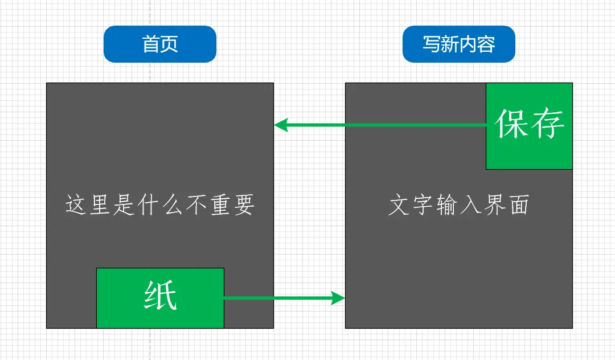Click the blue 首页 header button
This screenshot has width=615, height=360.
(160, 44)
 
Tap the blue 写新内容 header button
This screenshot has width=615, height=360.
(458, 44)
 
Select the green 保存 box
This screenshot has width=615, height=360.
(529, 126)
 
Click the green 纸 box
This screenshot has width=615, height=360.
(160, 298)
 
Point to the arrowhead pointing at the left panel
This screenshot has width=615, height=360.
(281, 125)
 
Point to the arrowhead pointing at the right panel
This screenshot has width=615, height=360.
(339, 297)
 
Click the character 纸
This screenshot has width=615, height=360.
(161, 296)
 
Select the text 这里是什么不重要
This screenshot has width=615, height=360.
(160, 205)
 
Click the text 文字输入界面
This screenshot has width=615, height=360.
(458, 205)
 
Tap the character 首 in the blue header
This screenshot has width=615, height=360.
(150, 44)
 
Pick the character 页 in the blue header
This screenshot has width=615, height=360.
(169, 44)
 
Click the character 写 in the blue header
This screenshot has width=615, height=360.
(431, 44)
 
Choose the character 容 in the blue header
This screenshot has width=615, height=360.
(486, 44)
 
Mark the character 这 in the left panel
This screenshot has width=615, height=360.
(76, 205)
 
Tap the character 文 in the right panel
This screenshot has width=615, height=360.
(399, 205)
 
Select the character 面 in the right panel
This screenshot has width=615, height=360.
(519, 205)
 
